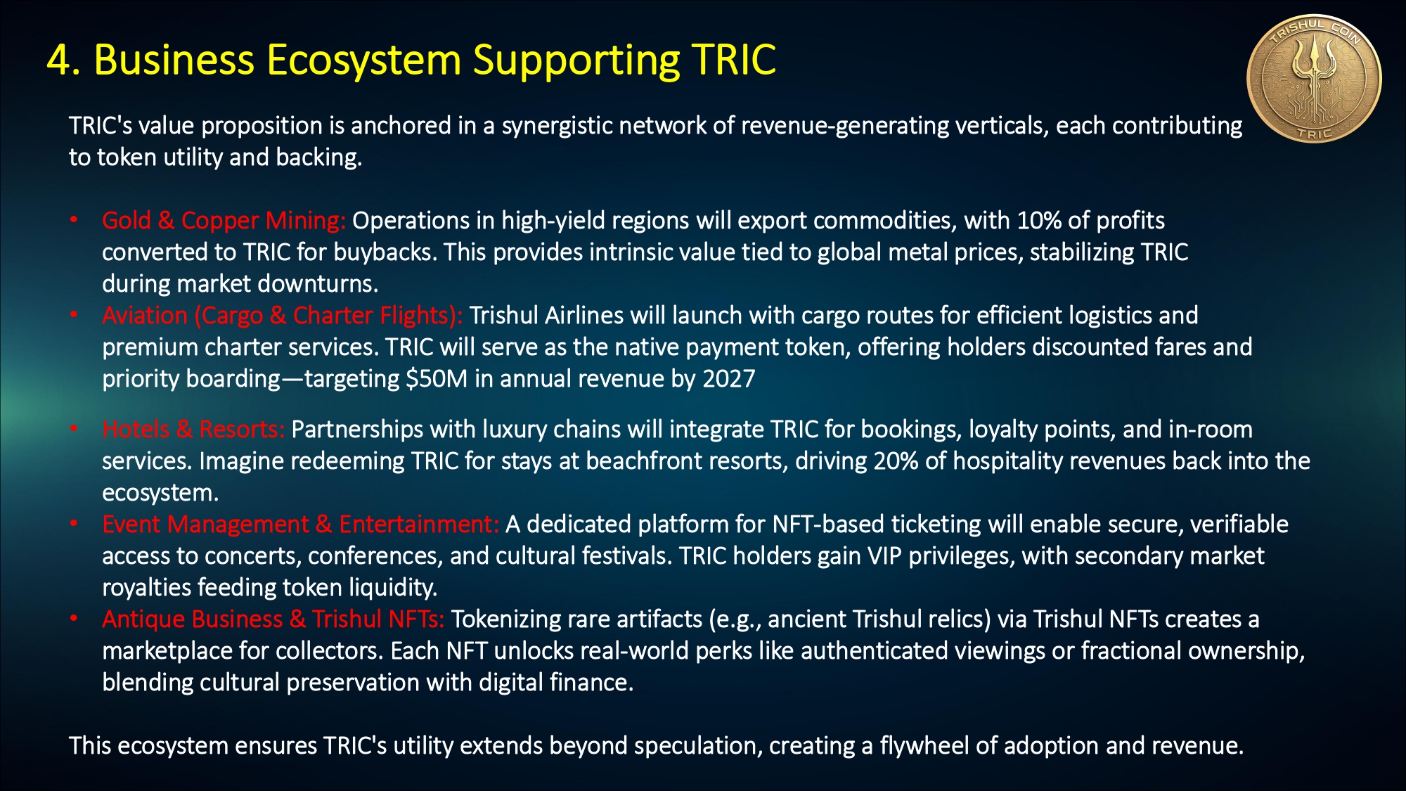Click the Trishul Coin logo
pyautogui.click(x=1314, y=79)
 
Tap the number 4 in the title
pyautogui.click(x=58, y=60)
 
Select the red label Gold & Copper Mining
pyautogui.click(x=224, y=221)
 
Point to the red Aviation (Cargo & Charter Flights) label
pyautogui.click(x=282, y=316)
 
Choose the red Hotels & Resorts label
pyautogui.click(x=193, y=429)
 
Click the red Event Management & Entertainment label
pyautogui.click(x=300, y=525)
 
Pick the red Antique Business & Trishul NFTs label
pyautogui.click(x=273, y=619)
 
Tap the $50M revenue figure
pyautogui.click(x=436, y=379)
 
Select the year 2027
pyautogui.click(x=728, y=379)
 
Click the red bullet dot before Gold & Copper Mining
pyautogui.click(x=74, y=220)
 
